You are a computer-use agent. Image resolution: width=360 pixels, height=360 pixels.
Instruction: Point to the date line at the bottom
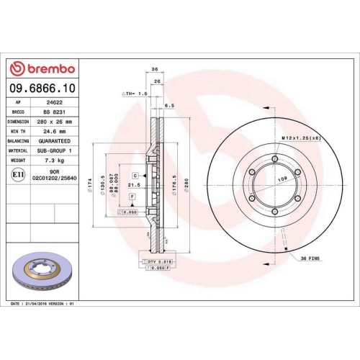pos(44,305)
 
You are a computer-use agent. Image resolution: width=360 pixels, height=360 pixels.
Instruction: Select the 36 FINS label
pos(309,258)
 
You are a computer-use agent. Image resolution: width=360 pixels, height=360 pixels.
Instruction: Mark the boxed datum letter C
pos(134,175)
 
